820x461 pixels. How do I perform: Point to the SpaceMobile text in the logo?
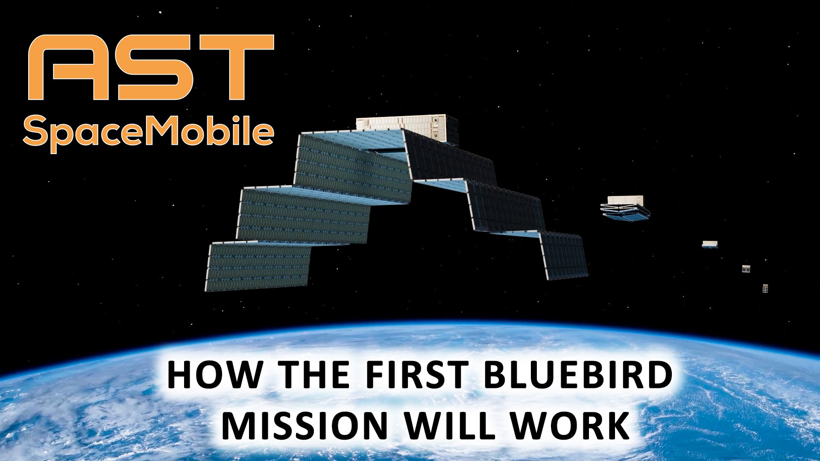(148, 132)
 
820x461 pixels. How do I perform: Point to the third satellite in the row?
(710, 244)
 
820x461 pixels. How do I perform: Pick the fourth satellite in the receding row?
(746, 268)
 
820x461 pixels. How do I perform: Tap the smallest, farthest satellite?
(765, 289)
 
